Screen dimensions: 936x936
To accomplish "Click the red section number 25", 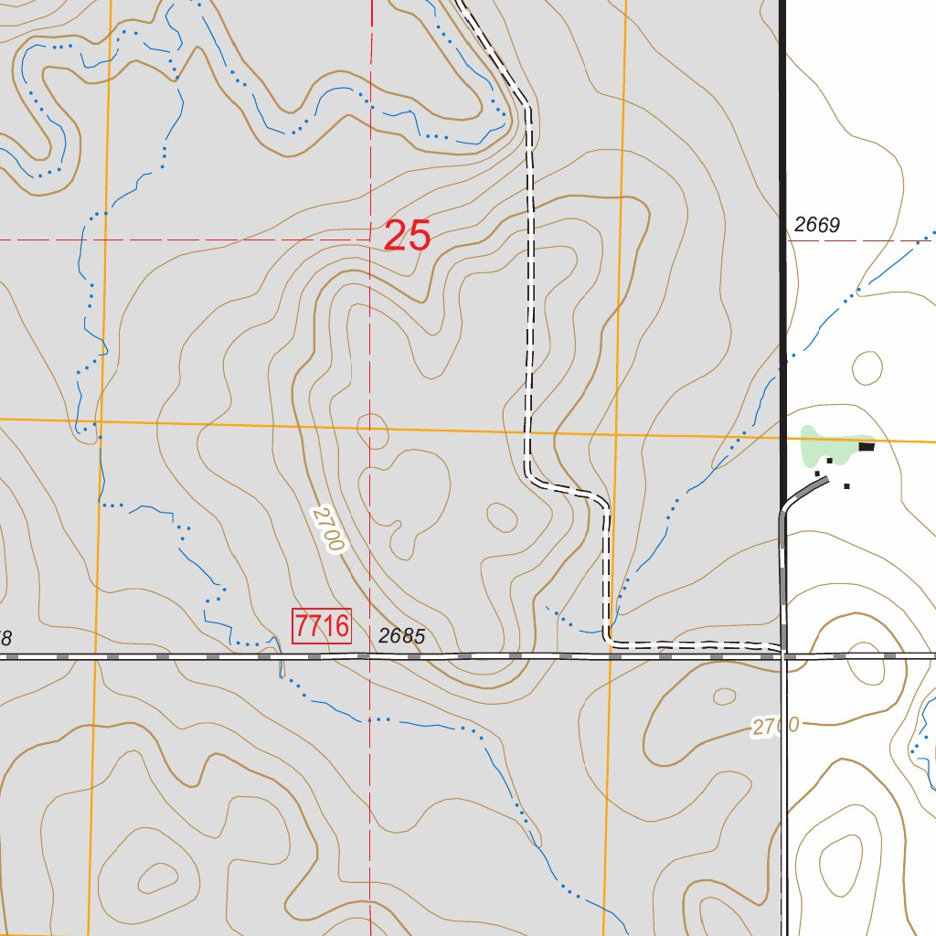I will (x=407, y=236).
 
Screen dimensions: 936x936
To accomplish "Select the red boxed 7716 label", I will (x=322, y=626).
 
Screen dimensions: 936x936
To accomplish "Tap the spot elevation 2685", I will (x=401, y=636).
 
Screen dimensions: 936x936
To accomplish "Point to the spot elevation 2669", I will (x=816, y=225).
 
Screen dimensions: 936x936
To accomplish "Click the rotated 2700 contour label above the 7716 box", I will (x=327, y=530).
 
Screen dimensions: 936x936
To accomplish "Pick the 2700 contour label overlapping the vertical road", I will (x=775, y=727).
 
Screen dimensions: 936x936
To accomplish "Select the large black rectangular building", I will (x=866, y=446).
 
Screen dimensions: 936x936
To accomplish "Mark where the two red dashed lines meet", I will (x=370, y=239).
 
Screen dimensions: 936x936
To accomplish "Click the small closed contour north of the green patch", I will (x=867, y=367).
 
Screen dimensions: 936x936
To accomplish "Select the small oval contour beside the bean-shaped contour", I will (x=501, y=516).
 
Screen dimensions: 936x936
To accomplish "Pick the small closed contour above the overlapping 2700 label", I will (x=724, y=696).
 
